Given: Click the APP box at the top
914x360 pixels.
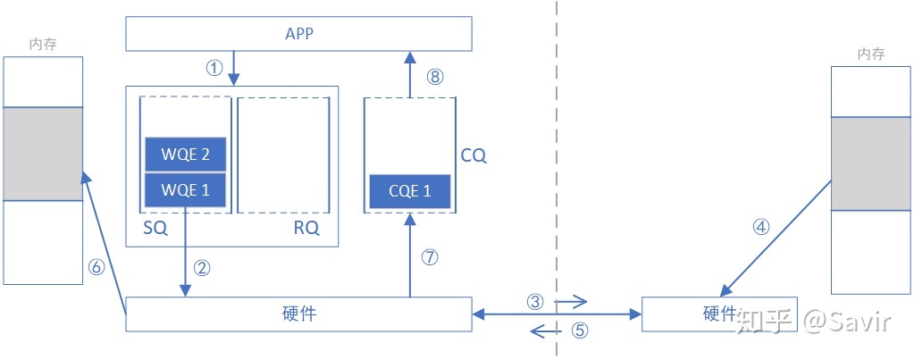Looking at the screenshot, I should (298, 34).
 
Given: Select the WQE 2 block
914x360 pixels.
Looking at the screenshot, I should (186, 155).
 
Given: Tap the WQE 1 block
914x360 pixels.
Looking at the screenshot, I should (186, 189).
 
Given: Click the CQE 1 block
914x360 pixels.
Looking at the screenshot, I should (409, 190).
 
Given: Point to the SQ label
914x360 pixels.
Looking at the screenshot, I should (155, 229).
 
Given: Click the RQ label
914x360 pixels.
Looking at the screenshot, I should (306, 229).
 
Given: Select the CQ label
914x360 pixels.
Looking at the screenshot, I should (474, 155).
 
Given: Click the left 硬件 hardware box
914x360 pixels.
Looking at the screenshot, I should (298, 314).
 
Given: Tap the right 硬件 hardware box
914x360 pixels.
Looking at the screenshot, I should (719, 314).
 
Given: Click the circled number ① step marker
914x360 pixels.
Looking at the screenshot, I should (214, 69).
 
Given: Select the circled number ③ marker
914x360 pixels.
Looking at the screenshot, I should (535, 302).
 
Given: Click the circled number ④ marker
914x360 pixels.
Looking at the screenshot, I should (761, 227).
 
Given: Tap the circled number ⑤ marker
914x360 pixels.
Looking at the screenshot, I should (580, 331).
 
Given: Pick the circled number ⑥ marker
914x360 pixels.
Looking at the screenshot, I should (96, 265).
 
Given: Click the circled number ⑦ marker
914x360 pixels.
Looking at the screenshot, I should (430, 257).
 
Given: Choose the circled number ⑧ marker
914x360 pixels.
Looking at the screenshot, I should (435, 77).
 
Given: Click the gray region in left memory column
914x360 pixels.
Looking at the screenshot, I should (43, 154).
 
